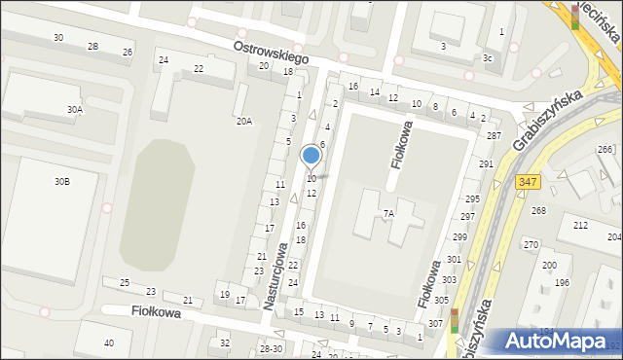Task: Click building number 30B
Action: (61, 182)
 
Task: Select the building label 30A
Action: (75, 110)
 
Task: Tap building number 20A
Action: (244, 122)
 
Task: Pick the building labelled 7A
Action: (388, 213)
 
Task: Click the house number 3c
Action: (488, 58)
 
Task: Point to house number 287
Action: (494, 135)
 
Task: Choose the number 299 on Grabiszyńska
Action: (460, 237)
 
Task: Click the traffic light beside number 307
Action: (454, 319)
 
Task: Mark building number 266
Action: (605, 149)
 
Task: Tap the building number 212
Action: (580, 225)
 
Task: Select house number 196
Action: (562, 282)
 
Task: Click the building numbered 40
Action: (109, 342)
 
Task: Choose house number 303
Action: (449, 279)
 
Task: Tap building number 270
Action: (531, 244)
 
